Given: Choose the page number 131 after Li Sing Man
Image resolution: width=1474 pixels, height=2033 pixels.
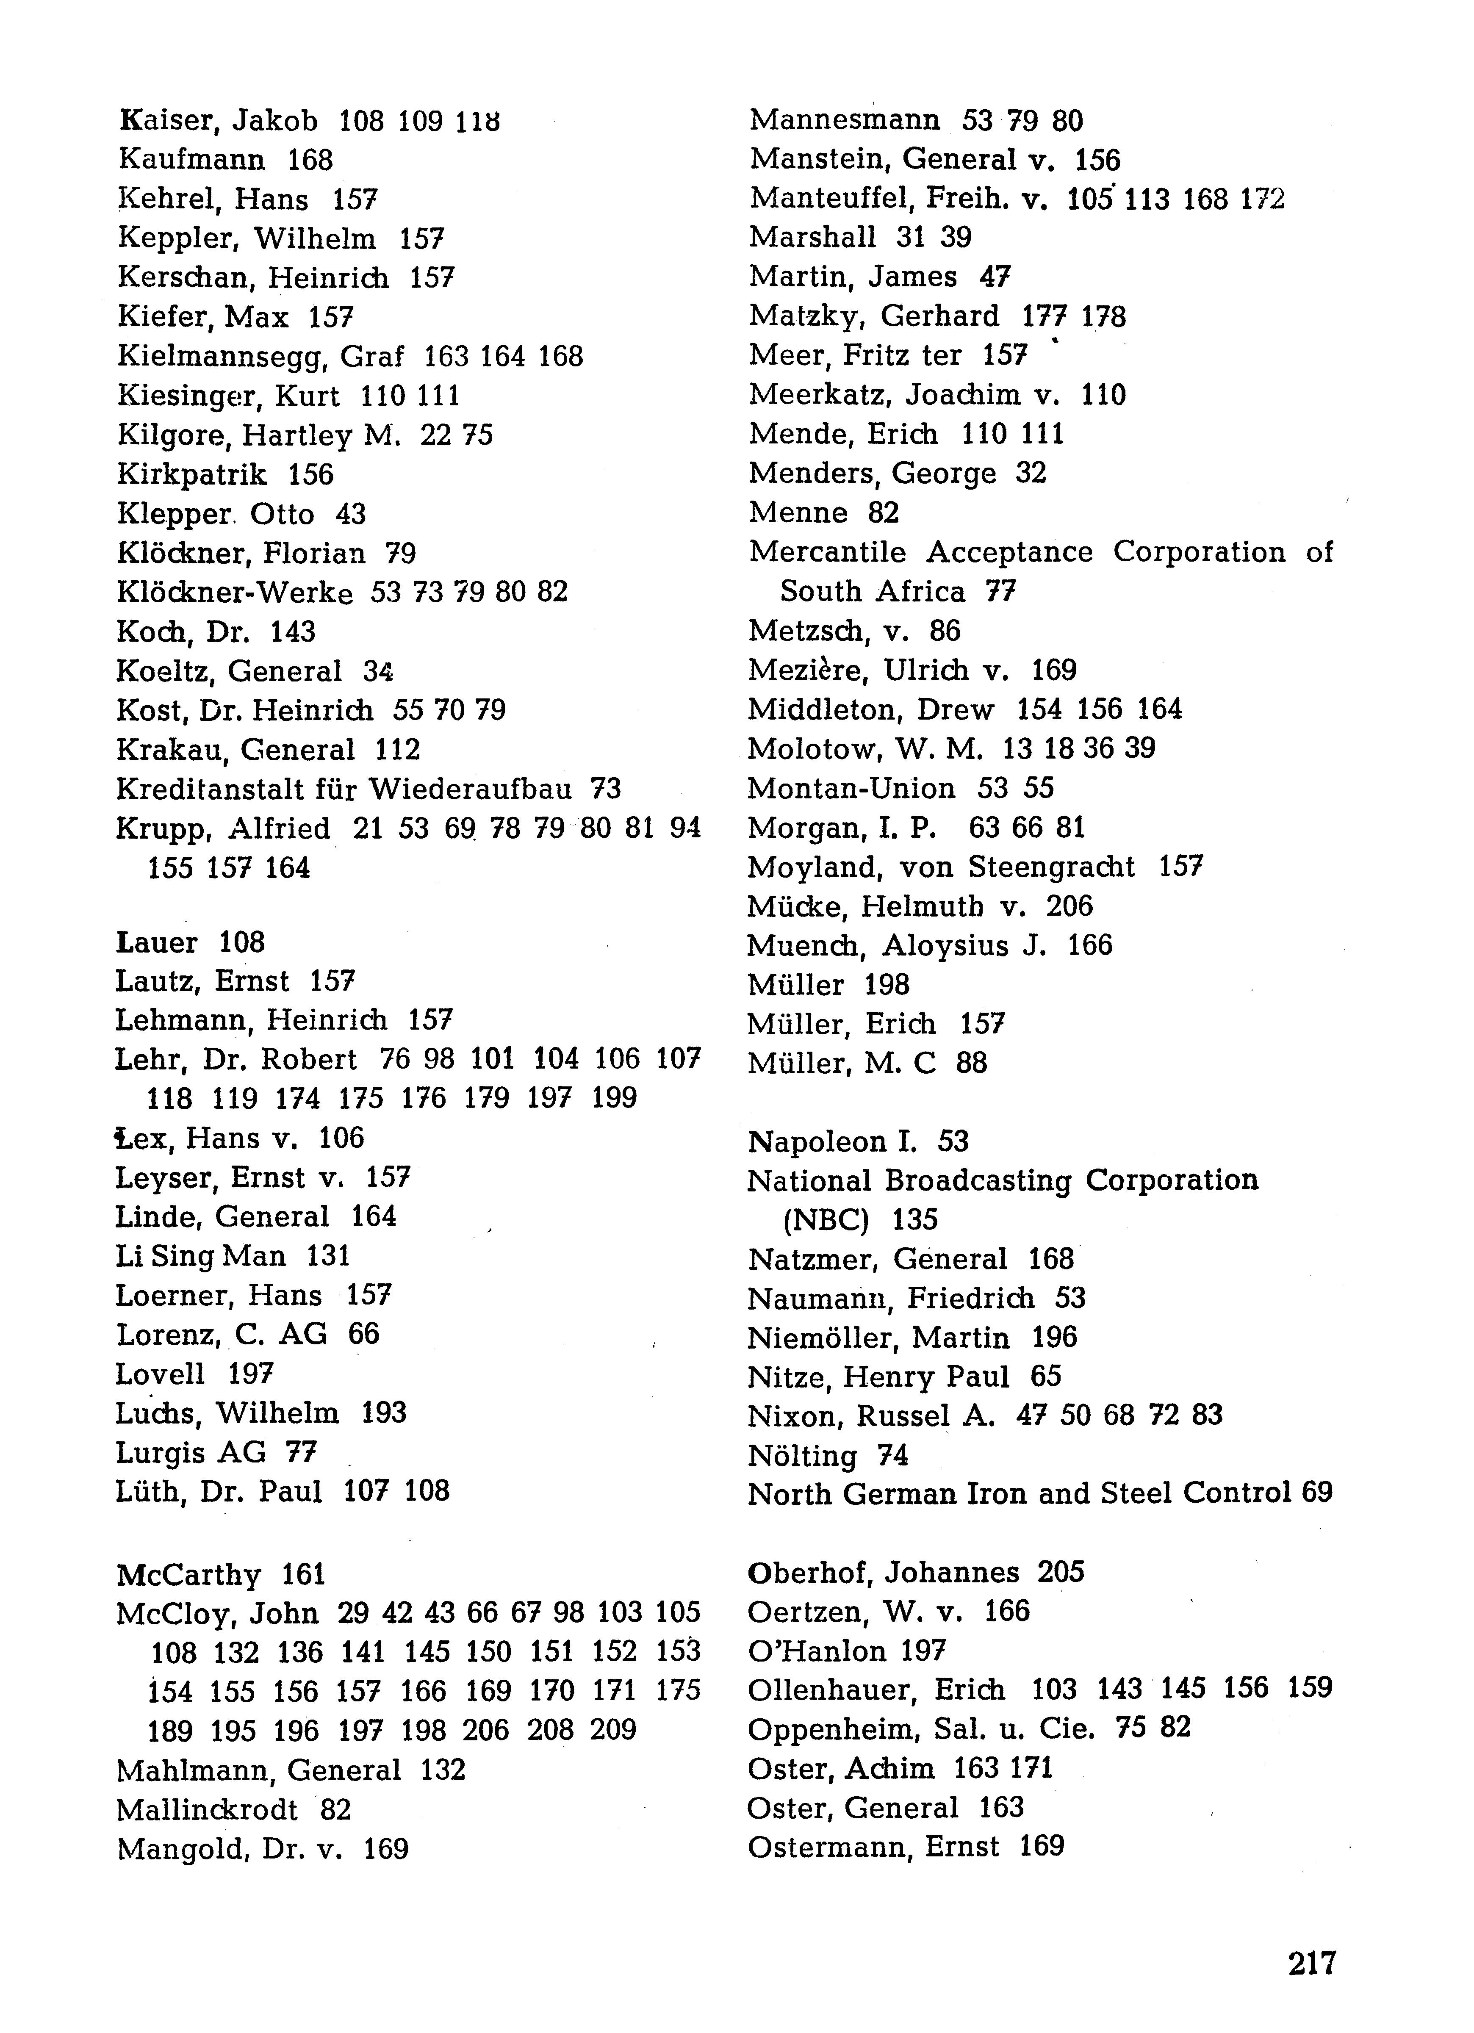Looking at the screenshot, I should tap(328, 1256).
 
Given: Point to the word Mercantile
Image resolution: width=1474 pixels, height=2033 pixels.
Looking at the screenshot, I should tap(827, 552).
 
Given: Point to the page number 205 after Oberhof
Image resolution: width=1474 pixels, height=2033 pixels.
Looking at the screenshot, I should tap(1061, 1572).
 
